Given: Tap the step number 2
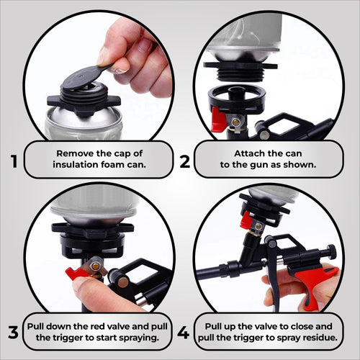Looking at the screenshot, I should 184,161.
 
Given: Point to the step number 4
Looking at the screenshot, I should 184,333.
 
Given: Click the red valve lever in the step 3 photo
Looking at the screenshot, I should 77,273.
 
